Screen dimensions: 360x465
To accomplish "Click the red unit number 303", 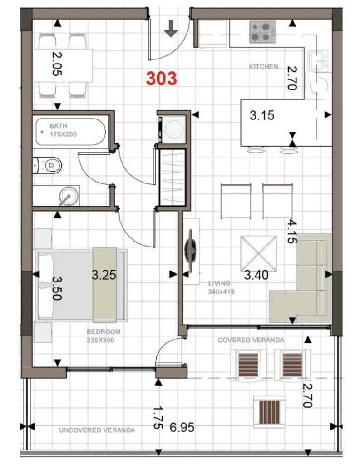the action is click(x=161, y=78).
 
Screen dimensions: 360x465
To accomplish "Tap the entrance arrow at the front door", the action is click(x=171, y=29).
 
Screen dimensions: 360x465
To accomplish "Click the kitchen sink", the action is click(x=318, y=61).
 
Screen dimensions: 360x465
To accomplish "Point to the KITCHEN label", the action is click(x=264, y=66).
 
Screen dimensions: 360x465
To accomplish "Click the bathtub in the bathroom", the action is click(x=70, y=132).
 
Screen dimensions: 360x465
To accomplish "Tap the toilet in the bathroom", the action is click(x=48, y=165).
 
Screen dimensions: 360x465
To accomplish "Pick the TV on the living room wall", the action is click(x=191, y=250).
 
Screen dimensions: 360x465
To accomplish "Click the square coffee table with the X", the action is click(x=259, y=254).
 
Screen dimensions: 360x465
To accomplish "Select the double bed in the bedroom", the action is click(x=81, y=285).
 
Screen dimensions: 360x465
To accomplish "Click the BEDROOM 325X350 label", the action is click(x=104, y=336).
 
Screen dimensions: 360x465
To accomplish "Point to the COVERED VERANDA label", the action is click(x=251, y=340).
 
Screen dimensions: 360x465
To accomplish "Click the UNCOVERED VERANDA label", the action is click(x=97, y=430).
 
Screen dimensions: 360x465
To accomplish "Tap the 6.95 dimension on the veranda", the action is click(x=182, y=427).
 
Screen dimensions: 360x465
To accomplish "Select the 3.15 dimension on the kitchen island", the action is click(x=262, y=115).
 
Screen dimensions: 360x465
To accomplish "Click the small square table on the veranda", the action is click(x=269, y=411).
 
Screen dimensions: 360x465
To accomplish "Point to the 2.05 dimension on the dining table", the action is click(x=57, y=64).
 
